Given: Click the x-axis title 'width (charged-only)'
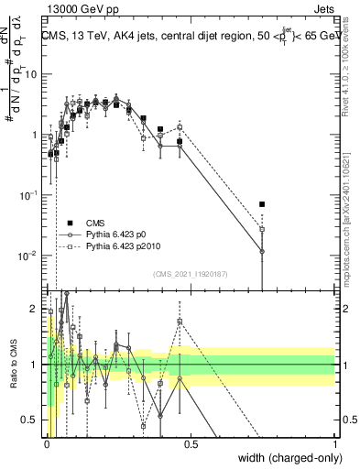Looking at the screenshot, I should [x=287, y=459].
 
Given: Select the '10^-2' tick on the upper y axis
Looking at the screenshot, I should [x=29, y=256].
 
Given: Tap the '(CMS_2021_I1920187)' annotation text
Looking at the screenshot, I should [x=191, y=274].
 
